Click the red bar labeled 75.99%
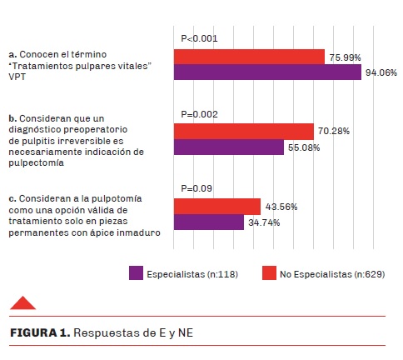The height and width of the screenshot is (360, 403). pyautogui.click(x=249, y=57)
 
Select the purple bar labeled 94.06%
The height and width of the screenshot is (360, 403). pyautogui.click(x=267, y=72)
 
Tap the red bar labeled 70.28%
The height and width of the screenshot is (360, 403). pyautogui.click(x=244, y=132)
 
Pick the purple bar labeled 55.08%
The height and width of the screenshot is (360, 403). pyautogui.click(x=229, y=147)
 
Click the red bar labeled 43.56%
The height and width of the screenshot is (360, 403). pyautogui.click(x=217, y=207)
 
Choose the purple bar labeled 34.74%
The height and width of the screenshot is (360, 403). pyautogui.click(x=209, y=222)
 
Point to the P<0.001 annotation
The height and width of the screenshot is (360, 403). pyautogui.click(x=199, y=38)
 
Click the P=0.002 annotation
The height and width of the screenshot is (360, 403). pyautogui.click(x=199, y=114)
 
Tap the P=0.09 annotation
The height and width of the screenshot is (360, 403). pyautogui.click(x=197, y=188)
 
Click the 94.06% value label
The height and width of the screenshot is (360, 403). pyautogui.click(x=381, y=72)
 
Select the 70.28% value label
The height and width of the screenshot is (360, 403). pyautogui.click(x=334, y=131)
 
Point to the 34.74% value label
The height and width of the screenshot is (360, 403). pyautogui.click(x=264, y=222)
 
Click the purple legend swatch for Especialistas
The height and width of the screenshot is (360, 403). pyautogui.click(x=136, y=272)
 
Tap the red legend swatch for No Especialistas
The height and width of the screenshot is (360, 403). pyautogui.click(x=269, y=272)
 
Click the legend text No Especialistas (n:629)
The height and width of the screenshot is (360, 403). pyautogui.click(x=332, y=274)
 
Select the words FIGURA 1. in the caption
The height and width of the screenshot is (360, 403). pyautogui.click(x=40, y=332)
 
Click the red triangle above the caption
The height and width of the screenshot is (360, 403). pyautogui.click(x=22, y=303)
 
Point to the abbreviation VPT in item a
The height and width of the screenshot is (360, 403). pyautogui.click(x=17, y=77)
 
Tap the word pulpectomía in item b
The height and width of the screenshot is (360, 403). pyautogui.click(x=36, y=162)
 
